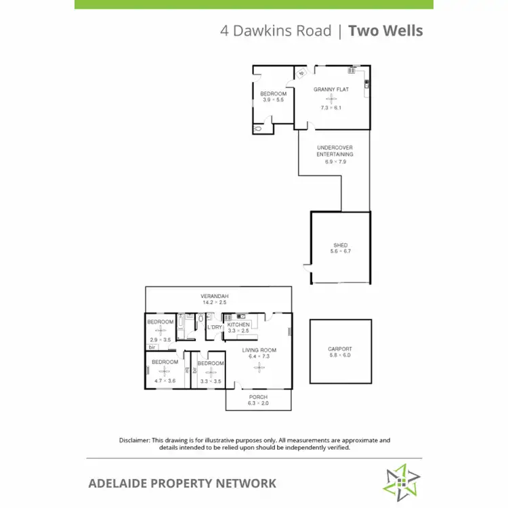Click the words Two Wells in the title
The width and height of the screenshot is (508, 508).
click(385, 30)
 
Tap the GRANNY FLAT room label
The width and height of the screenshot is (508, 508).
click(331, 89)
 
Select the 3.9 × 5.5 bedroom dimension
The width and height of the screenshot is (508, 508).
click(273, 100)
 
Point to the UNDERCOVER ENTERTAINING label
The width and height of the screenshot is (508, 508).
click(335, 151)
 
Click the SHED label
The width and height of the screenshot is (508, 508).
click(340, 245)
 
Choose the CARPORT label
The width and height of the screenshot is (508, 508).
click(340, 350)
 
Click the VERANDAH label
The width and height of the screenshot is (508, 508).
click(214, 297)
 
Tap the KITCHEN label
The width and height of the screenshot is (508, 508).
click(238, 325)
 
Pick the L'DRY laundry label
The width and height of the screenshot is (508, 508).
click(215, 328)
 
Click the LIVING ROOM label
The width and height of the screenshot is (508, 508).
click(259, 350)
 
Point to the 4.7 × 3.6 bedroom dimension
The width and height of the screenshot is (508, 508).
click(164, 381)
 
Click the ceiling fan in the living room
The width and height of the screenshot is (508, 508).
click(259, 367)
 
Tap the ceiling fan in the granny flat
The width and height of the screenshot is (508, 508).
click(331, 99)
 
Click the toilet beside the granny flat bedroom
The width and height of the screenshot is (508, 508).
click(257, 128)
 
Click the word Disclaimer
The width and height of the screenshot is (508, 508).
click(134, 440)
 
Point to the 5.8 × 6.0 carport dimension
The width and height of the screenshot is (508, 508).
click(340, 356)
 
